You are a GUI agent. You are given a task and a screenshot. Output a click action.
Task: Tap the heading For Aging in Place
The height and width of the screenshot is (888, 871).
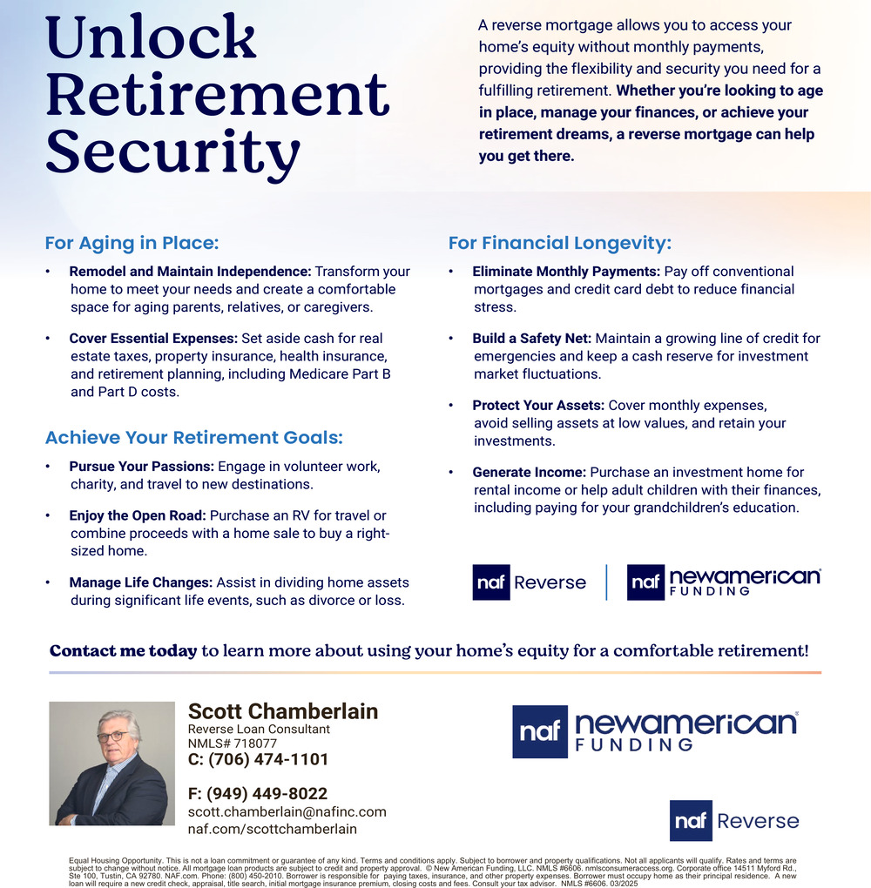[x=132, y=243]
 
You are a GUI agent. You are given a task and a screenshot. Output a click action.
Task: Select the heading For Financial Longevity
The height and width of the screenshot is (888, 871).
[x=559, y=243]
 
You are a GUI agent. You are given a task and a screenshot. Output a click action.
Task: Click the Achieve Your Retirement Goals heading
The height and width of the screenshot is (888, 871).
[x=194, y=437]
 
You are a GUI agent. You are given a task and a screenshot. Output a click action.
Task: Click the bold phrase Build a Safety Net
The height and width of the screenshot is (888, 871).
[x=531, y=338]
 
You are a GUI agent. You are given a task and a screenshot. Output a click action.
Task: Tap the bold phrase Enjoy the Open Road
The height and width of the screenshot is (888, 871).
[x=138, y=515]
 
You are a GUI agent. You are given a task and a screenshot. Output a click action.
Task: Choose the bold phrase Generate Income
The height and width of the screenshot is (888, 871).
[x=529, y=472]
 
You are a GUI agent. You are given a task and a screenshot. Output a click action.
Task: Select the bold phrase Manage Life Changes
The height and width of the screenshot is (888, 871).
[x=140, y=582]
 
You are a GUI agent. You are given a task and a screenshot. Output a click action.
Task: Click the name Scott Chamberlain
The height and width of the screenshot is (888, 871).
[x=283, y=711]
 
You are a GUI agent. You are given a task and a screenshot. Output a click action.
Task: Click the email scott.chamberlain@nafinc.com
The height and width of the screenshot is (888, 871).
[x=287, y=811]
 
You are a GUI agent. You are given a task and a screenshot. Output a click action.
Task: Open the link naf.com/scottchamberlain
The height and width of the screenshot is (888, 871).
[x=272, y=829]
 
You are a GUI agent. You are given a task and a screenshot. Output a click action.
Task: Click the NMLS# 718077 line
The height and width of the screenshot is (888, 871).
[x=233, y=743]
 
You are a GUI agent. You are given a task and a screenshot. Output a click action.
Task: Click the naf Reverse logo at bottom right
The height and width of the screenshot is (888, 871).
[x=733, y=820]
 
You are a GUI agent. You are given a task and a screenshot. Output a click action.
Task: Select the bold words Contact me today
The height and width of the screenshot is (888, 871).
[x=123, y=651]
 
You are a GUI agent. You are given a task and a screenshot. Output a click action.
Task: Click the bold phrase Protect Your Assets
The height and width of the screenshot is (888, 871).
[x=538, y=405]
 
